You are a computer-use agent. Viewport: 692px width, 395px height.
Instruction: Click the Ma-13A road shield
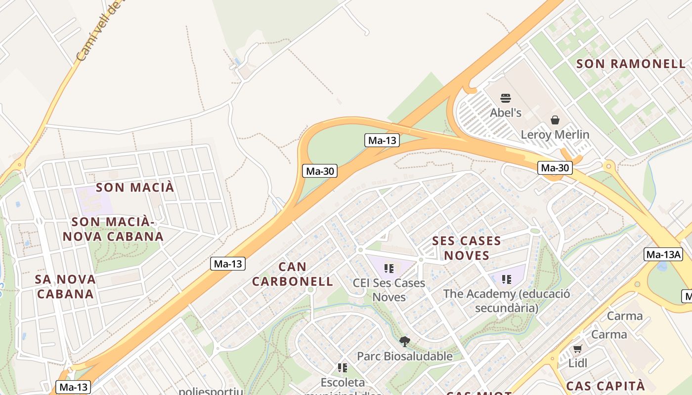[663, 255]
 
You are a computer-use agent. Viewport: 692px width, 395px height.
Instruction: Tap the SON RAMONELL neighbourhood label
[631, 64]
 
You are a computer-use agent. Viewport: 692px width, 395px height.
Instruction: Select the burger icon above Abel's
[505, 98]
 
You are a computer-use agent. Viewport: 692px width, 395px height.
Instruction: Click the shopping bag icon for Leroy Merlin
[555, 120]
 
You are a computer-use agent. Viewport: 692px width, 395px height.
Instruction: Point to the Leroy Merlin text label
[555, 134]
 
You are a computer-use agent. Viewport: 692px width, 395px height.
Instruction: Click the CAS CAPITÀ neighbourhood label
[605, 386]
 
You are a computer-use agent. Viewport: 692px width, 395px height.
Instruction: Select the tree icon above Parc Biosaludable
[404, 341]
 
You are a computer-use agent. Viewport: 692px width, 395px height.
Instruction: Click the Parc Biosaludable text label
[404, 356]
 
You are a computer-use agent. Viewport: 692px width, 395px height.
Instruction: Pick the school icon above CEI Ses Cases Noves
[389, 269]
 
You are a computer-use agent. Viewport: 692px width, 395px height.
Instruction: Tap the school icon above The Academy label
[506, 279]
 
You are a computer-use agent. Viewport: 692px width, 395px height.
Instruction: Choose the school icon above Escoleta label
[342, 368]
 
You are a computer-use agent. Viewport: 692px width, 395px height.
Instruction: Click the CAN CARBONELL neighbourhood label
[293, 274]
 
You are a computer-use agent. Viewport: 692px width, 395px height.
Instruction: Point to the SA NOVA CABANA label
[65, 286]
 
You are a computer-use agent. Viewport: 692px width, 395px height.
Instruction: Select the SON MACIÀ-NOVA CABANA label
[113, 229]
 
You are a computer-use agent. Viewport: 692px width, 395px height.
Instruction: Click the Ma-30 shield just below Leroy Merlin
[555, 168]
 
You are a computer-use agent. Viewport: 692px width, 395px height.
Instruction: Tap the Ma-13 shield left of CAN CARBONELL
[228, 264]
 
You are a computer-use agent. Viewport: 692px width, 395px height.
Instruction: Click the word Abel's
[505, 113]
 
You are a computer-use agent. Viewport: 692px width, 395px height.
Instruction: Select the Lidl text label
[577, 363]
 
